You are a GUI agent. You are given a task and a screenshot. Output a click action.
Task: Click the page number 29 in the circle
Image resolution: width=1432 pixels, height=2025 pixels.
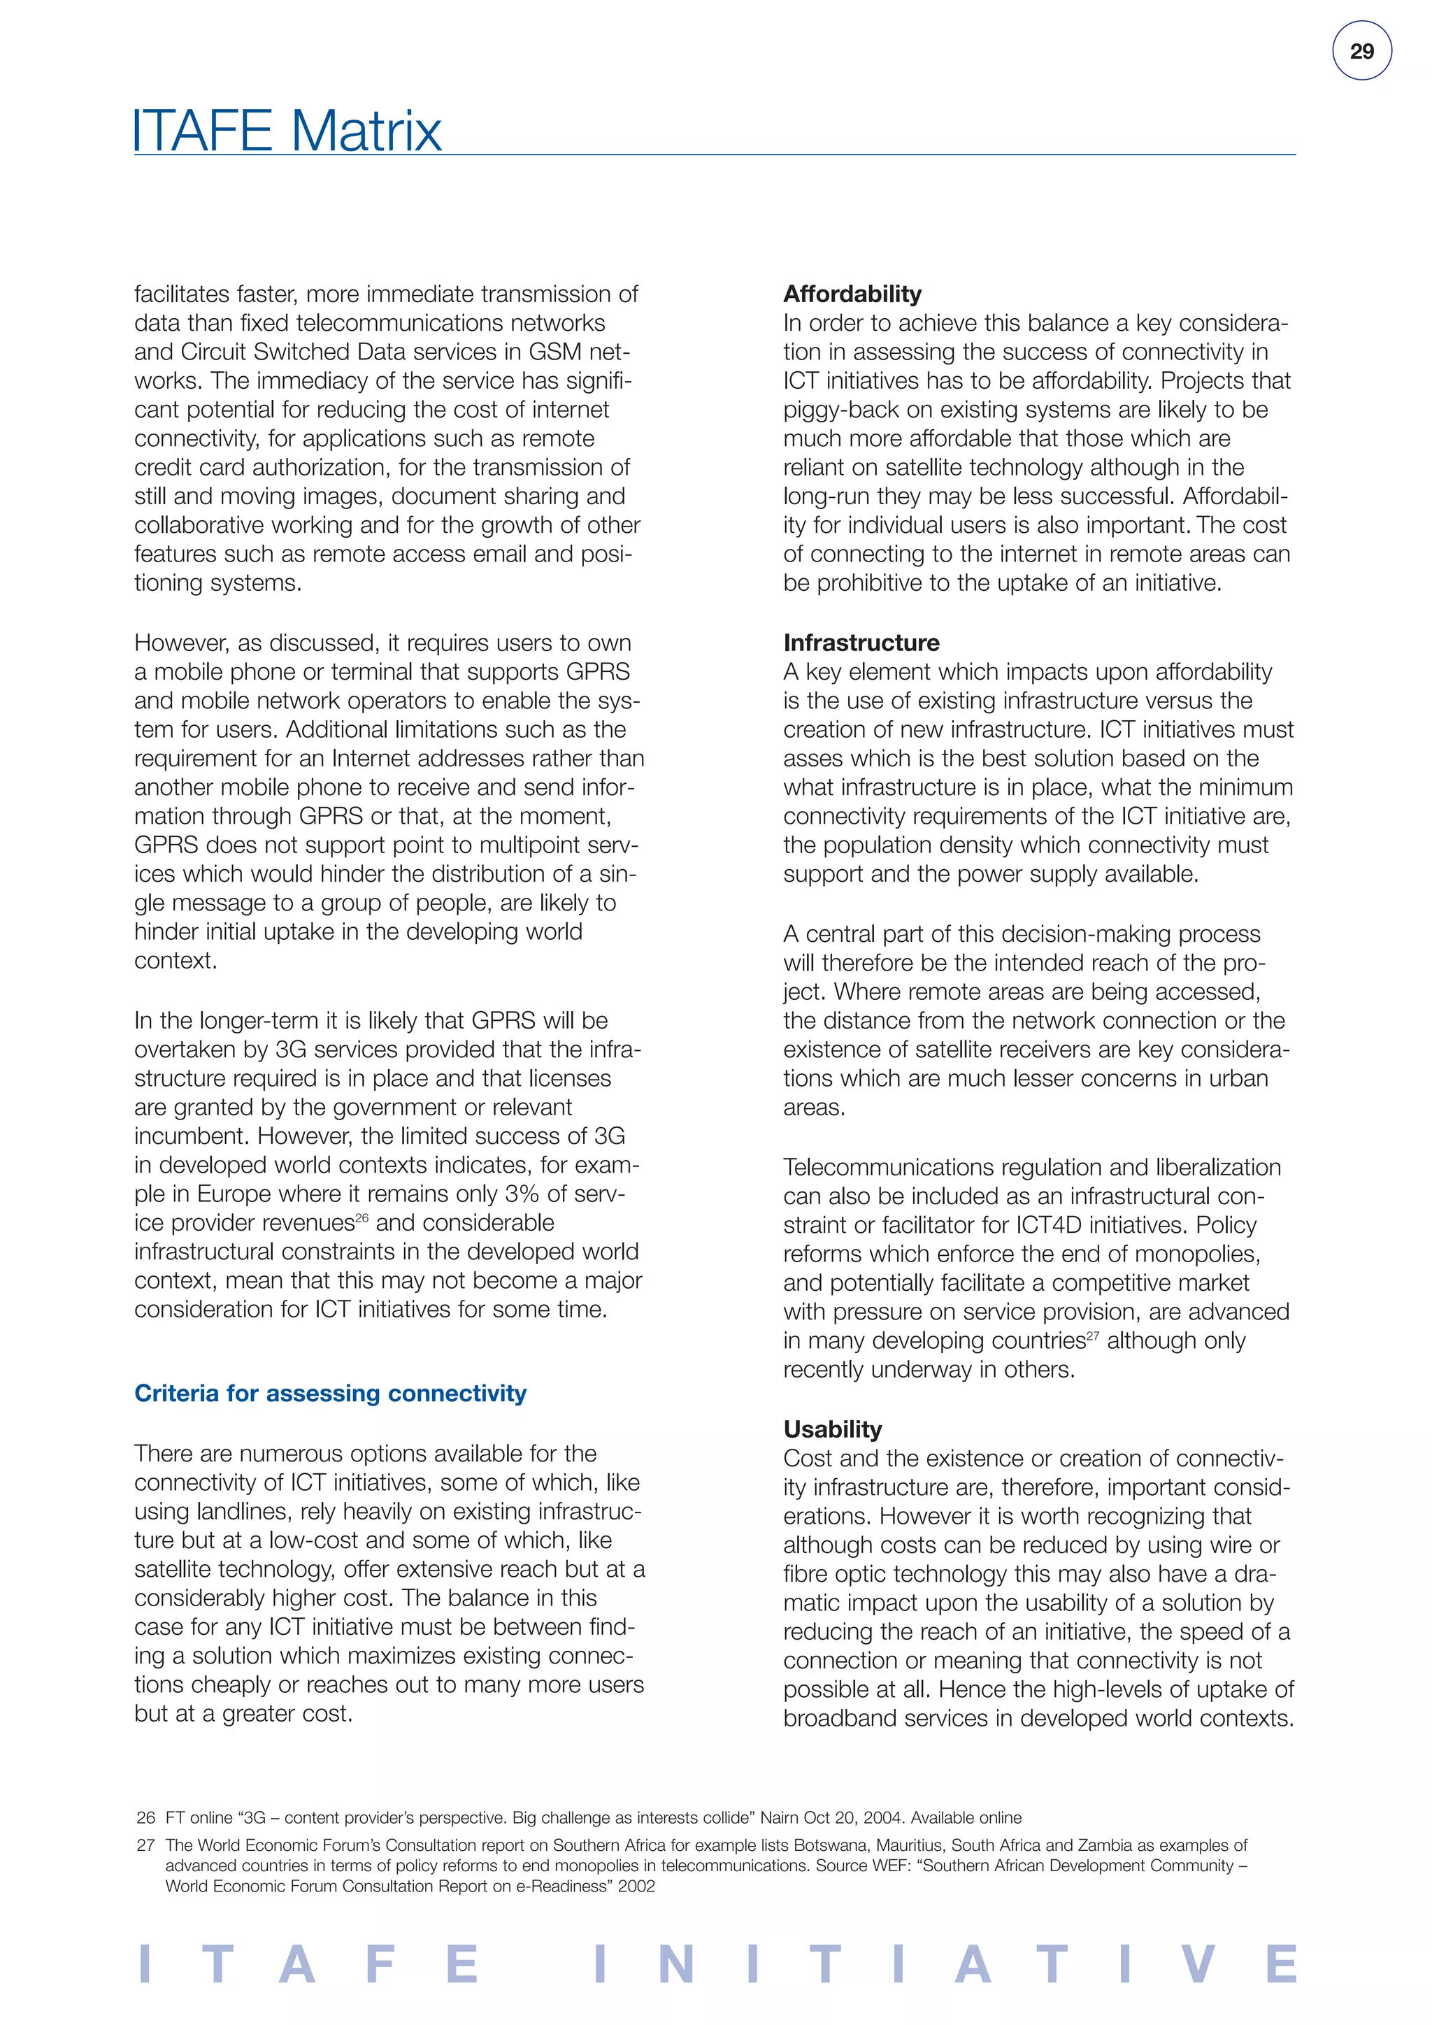click(x=1361, y=51)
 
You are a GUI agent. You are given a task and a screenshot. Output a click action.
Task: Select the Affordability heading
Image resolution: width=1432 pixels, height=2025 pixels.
click(x=852, y=294)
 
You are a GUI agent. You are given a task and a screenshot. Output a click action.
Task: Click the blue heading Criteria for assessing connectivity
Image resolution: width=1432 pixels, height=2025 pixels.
click(x=330, y=1393)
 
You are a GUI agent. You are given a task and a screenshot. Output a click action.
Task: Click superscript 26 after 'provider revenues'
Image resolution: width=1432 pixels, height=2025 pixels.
click(x=361, y=1218)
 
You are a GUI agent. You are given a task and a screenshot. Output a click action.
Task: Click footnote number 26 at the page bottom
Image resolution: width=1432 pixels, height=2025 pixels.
click(x=145, y=1818)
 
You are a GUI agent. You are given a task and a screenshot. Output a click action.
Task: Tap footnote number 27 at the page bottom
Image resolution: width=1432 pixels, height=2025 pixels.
click(x=145, y=1845)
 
